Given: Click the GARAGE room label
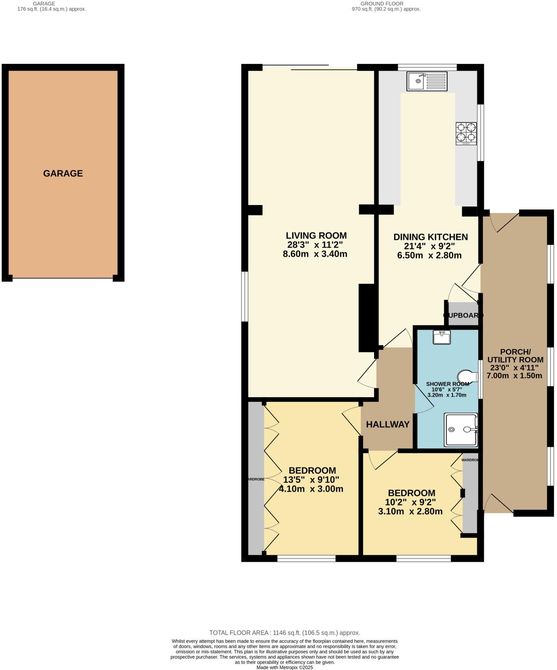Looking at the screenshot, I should (63, 173).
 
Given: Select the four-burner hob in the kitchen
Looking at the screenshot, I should (466, 133).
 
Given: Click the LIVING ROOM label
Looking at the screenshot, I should (316, 236).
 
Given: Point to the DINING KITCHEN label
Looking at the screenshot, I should (430, 237).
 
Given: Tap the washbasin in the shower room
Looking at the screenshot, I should (442, 338).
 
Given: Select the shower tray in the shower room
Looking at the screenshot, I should (460, 429).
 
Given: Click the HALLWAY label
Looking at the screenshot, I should (388, 425).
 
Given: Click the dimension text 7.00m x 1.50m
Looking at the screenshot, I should (514, 375).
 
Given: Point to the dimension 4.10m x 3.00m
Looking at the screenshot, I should (311, 489).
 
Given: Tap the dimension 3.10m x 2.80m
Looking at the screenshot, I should (410, 511).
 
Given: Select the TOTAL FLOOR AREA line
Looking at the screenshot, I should (285, 633).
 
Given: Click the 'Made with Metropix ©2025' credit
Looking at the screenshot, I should (285, 667).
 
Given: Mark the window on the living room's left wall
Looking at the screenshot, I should (245, 296).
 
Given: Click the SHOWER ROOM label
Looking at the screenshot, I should (447, 384).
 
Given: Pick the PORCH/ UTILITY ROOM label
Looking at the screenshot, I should (515, 356).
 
